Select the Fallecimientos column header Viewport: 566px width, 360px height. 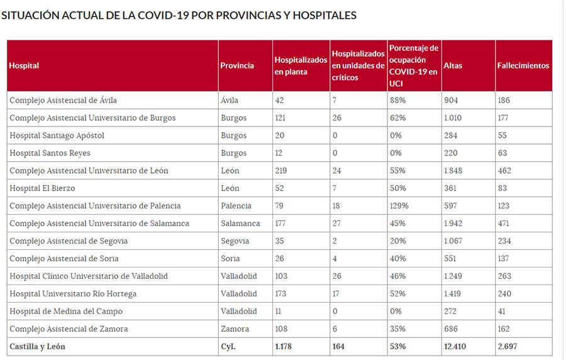(x=523, y=65)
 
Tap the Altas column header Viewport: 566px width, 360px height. (x=453, y=65)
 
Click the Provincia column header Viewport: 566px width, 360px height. (x=237, y=65)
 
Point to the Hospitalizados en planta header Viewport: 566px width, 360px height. (x=301, y=65)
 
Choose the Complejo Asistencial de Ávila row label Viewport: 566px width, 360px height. (x=63, y=100)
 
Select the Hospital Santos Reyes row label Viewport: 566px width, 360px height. (x=50, y=153)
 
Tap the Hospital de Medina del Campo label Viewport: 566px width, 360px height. (x=66, y=312)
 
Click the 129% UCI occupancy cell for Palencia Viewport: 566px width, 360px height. (x=399, y=206)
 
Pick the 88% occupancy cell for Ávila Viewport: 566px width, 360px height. (x=397, y=100)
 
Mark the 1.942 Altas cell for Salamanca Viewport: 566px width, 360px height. (x=453, y=223)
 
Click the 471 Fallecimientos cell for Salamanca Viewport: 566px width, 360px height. (x=504, y=223)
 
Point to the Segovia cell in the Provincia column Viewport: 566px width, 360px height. (x=235, y=241)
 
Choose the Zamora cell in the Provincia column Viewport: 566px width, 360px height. (x=235, y=329)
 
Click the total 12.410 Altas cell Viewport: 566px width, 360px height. (x=455, y=347)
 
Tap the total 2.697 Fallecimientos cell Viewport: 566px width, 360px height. (x=508, y=347)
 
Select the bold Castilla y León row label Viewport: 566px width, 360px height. (x=37, y=347)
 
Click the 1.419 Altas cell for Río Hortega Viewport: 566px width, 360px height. (x=453, y=294)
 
